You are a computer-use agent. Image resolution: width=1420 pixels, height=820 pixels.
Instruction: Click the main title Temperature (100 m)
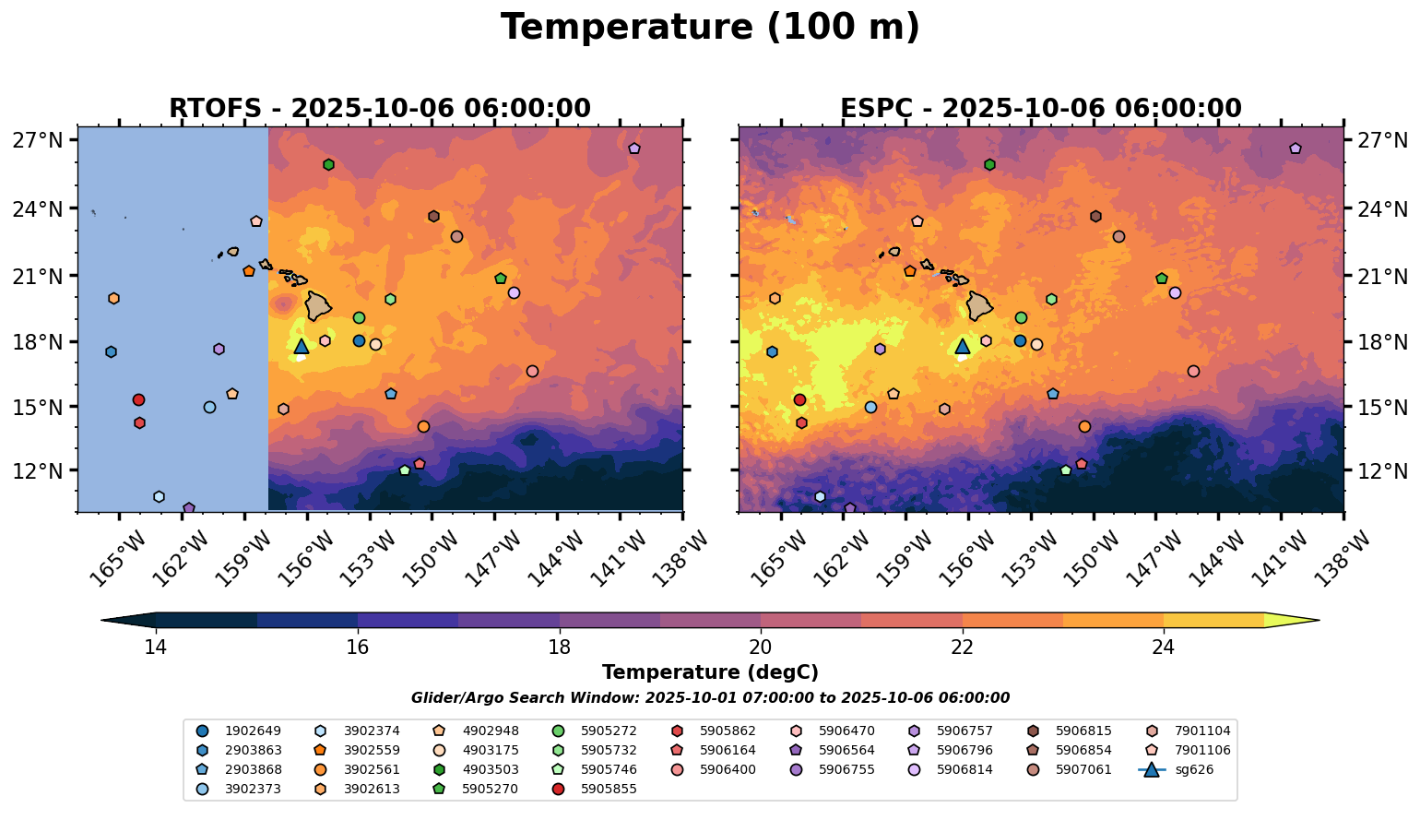710,27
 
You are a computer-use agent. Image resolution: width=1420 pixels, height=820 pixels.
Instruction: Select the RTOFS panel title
379,108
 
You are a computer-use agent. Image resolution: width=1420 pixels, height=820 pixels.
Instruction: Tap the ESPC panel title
1040,108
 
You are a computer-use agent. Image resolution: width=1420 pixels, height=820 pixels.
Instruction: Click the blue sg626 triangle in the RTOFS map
301,346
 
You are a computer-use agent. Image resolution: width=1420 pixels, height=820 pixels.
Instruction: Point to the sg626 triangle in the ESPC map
963,346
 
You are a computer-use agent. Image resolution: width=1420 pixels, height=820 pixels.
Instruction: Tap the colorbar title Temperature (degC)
710,672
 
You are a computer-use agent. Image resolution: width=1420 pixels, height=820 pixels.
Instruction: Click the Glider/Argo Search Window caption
710,698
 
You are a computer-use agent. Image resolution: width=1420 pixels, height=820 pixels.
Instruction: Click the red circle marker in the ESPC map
799,399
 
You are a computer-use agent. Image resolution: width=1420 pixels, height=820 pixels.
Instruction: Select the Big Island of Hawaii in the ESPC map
980,305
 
